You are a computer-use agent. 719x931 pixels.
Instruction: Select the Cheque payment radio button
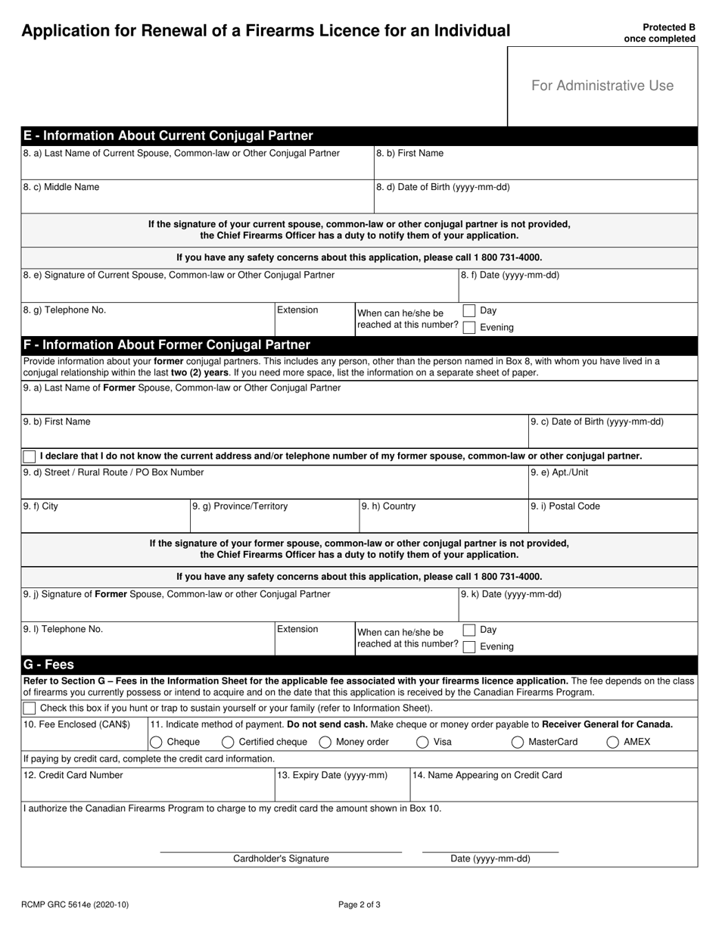click(156, 742)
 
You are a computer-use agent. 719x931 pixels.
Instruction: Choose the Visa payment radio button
click(422, 742)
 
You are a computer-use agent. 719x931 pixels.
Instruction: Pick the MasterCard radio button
click(518, 742)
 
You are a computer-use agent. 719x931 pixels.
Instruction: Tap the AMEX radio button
click(612, 742)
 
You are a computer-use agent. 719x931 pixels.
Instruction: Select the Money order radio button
click(325, 742)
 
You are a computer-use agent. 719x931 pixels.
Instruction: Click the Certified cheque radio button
click(228, 742)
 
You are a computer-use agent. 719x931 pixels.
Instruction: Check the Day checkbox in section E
click(469, 310)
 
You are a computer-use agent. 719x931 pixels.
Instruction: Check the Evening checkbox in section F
click(469, 646)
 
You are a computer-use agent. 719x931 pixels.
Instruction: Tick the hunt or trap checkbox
click(30, 708)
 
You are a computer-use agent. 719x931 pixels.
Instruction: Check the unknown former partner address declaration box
click(30, 456)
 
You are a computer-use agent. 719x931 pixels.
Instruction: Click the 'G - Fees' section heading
click(49, 665)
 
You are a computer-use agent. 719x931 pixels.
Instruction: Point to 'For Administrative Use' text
click(602, 86)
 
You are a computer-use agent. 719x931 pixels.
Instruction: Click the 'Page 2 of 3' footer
click(359, 904)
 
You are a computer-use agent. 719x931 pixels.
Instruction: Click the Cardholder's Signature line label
click(281, 858)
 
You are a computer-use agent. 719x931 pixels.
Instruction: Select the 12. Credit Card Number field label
click(73, 775)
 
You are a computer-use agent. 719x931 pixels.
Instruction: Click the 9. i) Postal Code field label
click(565, 506)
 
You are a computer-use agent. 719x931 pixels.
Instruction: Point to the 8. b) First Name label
click(410, 153)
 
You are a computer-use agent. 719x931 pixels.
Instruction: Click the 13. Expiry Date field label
click(332, 775)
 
